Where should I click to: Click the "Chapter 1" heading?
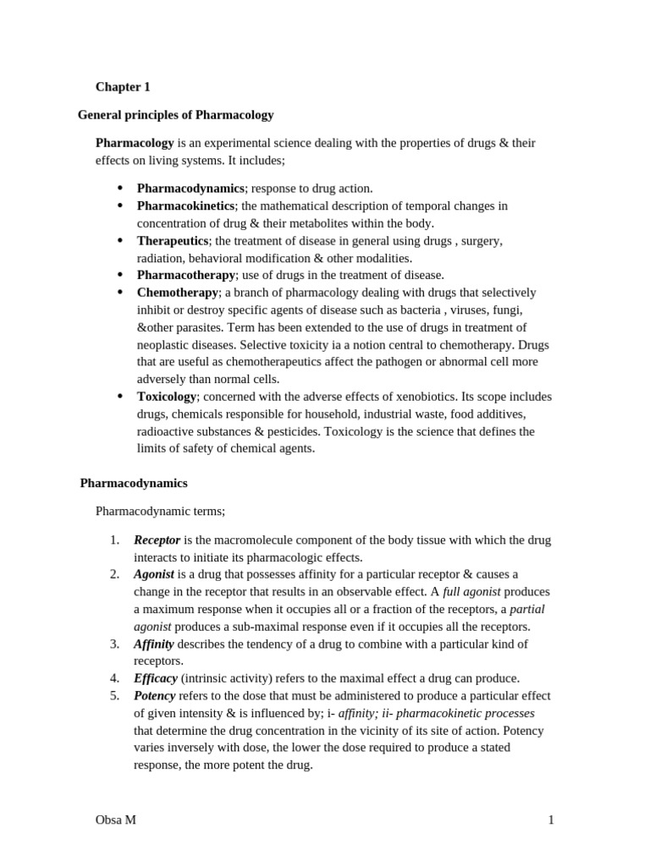[x=123, y=86]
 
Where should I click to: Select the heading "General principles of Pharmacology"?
[x=175, y=114]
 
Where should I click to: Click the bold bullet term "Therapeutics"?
[x=173, y=240]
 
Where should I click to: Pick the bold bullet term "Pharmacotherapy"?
[x=186, y=275]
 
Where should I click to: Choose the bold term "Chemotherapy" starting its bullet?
[x=178, y=292]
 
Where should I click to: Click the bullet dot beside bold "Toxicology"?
[x=119, y=396]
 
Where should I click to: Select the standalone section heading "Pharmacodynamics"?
[x=134, y=483]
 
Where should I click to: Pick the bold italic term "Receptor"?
[x=157, y=540]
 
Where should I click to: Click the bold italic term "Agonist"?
[x=154, y=574]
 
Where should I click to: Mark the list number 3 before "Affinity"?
[x=114, y=644]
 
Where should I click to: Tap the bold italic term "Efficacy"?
[x=156, y=678]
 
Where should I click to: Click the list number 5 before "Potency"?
[x=114, y=695]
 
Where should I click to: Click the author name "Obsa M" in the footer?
[x=116, y=819]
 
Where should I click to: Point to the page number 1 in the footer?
[x=550, y=819]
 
